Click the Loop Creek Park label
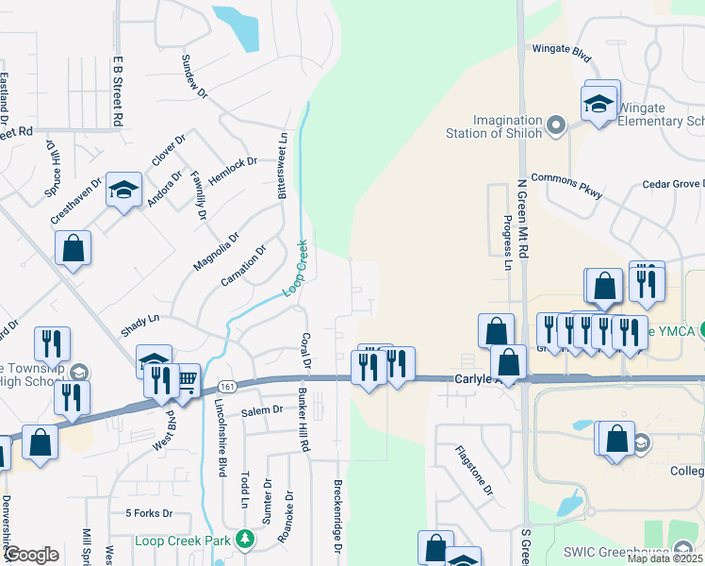click(183, 541)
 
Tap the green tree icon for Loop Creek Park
click(245, 540)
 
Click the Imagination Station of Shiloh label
click(494, 125)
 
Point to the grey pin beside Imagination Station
click(555, 125)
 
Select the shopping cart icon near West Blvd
click(188, 379)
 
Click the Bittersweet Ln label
click(281, 165)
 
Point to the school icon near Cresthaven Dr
click(123, 191)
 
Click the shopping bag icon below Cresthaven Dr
click(73, 250)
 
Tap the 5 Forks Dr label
click(149, 513)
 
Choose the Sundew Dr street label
click(194, 75)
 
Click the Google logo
click(31, 555)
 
